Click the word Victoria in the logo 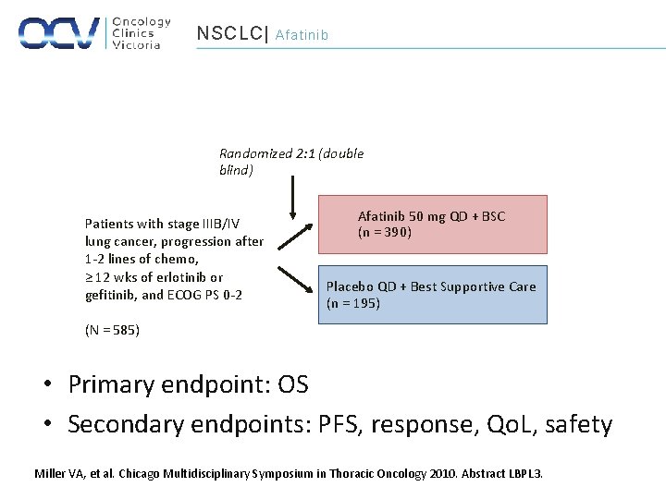click(136, 44)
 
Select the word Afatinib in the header click(302, 35)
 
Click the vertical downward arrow click(292, 196)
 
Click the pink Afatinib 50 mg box click(432, 224)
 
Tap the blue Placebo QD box click(432, 295)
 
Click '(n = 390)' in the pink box click(385, 233)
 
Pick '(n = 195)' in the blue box click(352, 304)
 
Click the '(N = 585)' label click(112, 330)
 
